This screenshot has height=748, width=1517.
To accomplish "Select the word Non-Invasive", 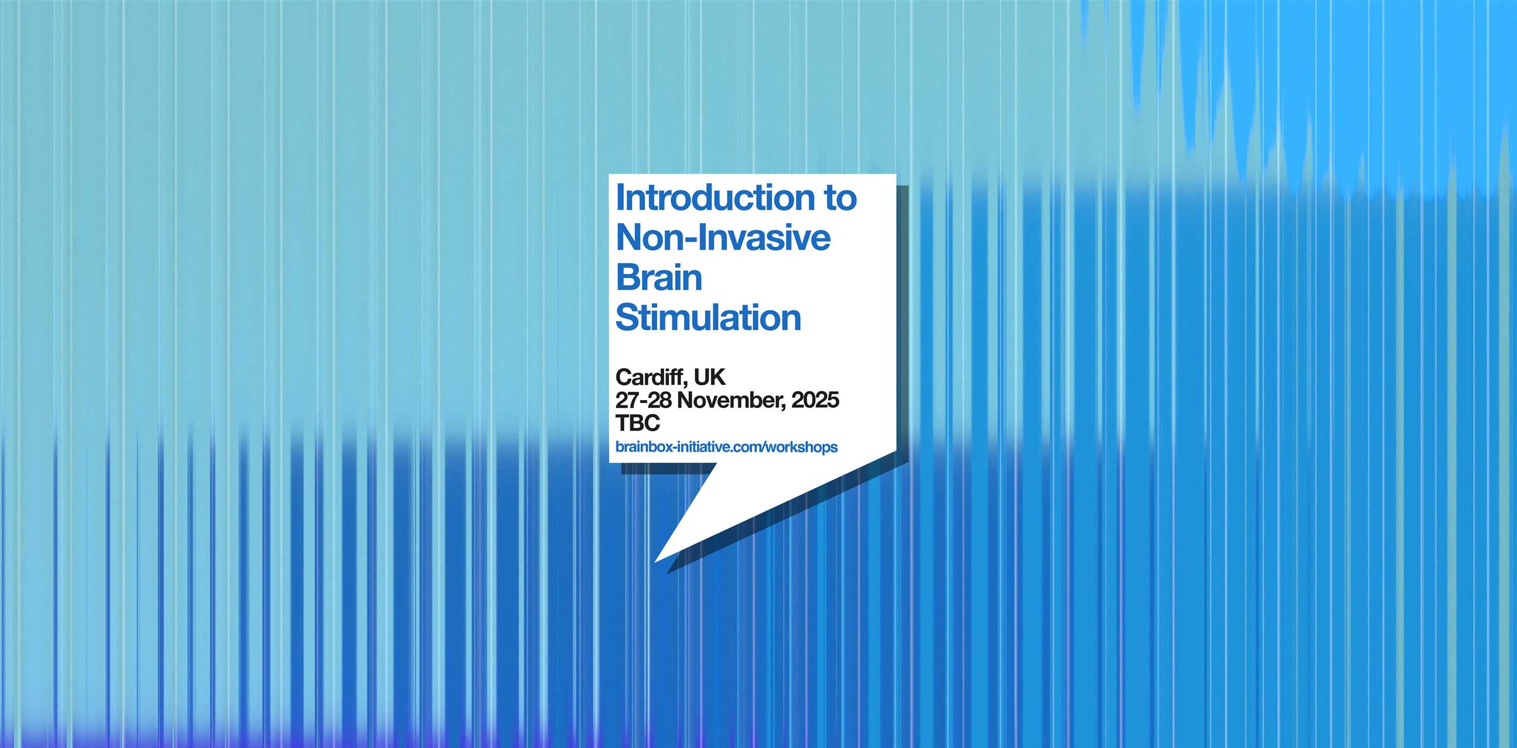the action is pos(723,237).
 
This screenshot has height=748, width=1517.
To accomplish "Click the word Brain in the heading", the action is pos(659,277).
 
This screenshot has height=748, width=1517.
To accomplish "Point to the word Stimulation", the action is pos(708,317).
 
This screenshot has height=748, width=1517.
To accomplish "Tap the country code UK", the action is pos(709,377).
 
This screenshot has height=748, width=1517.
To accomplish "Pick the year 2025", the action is pos(816,400).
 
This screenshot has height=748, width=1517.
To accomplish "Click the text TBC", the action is pos(638,423).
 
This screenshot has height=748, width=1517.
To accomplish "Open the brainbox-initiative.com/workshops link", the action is pos(726,447).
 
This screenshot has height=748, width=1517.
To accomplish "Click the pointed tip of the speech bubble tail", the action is pos(655,562).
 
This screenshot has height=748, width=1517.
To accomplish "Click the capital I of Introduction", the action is pos(619,197).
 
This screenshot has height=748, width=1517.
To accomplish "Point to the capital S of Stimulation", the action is pos(627,317).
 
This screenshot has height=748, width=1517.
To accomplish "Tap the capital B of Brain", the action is pos(627,277).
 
